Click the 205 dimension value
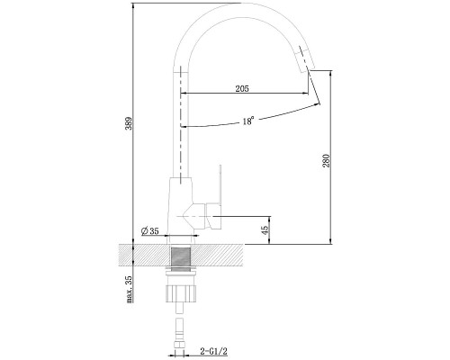coord(242,88)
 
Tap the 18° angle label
coord(248,121)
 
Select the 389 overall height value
coord(129,123)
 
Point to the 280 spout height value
coord(326,160)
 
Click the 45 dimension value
coord(265,229)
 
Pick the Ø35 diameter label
coord(149,231)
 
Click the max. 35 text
coord(129,289)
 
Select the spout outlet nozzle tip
coord(304,59)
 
